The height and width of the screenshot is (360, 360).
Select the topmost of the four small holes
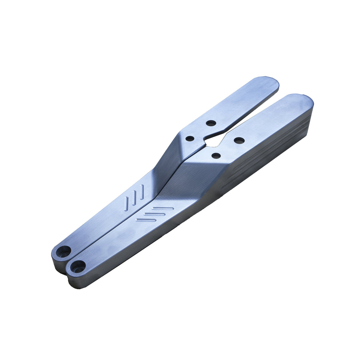click(x=211, y=123)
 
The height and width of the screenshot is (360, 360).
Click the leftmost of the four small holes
click(x=190, y=139)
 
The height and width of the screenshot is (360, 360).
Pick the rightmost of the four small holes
click(x=239, y=141)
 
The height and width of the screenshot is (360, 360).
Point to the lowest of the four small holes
click(x=216, y=155)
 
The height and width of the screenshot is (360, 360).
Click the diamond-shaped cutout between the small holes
click(x=213, y=141)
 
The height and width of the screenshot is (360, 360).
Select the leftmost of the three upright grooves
click(x=127, y=204)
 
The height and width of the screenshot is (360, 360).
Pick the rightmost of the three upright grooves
click(x=142, y=192)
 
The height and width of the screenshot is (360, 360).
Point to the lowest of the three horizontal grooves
click(x=146, y=220)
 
